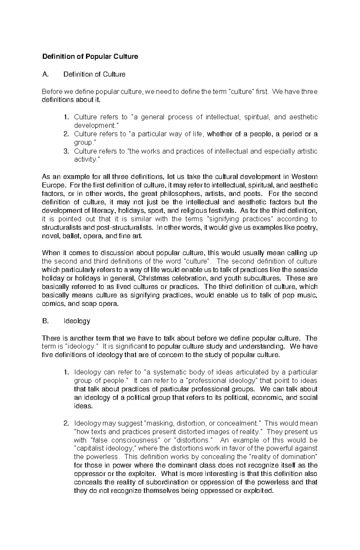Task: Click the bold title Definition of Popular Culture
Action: click(x=90, y=57)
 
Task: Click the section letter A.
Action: click(x=45, y=74)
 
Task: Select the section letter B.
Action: click(x=45, y=321)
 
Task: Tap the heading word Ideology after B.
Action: click(x=77, y=321)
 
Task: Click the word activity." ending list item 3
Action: click(x=86, y=159)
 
